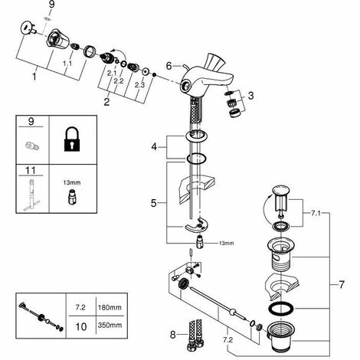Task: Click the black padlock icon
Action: [72, 139]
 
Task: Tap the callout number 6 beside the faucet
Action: [169, 66]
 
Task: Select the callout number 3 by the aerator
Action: [251, 96]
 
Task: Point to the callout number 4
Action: [154, 147]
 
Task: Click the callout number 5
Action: [153, 203]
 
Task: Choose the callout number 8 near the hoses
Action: [173, 335]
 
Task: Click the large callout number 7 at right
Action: [342, 285]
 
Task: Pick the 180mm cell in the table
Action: [110, 307]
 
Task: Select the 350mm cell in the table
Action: [110, 326]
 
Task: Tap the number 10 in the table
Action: [81, 326]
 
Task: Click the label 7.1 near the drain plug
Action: [316, 214]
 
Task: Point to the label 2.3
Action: [139, 85]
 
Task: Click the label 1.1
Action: [67, 64]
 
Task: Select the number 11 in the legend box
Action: [31, 170]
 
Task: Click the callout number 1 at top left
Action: [34, 77]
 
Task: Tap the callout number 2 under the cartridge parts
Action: [106, 102]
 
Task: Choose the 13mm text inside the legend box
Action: [72, 182]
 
